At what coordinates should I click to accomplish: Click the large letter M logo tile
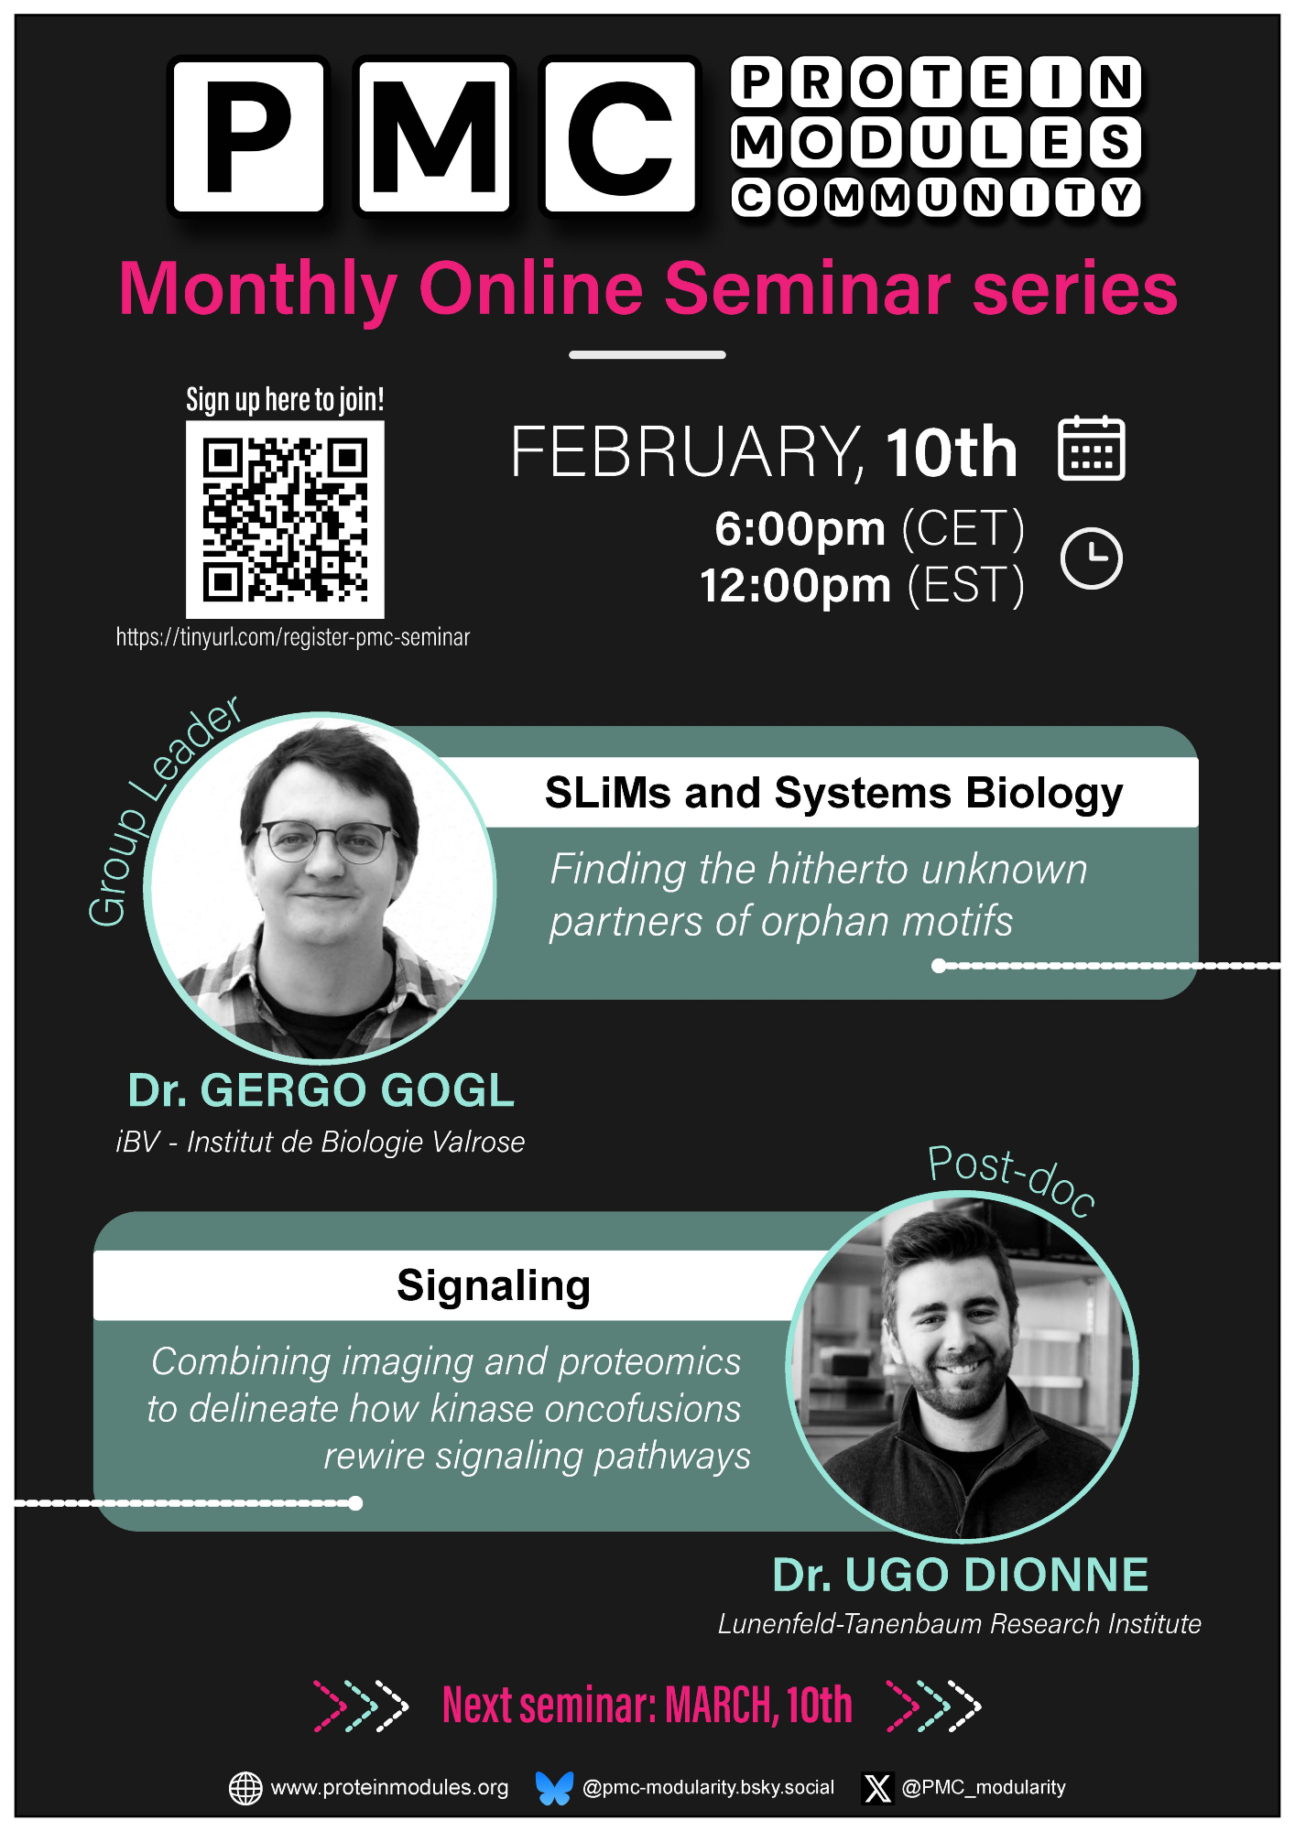pos(434,135)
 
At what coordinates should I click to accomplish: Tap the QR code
pos(285,519)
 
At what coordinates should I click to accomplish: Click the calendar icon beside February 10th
pos(1091,448)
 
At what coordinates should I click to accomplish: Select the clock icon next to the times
pos(1091,558)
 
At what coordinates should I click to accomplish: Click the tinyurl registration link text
pos(293,637)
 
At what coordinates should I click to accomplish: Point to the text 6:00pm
pos(800,529)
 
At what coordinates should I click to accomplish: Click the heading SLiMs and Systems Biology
pos(833,793)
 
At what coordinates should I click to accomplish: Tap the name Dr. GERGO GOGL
pos(321,1090)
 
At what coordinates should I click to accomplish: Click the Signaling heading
pos(494,1286)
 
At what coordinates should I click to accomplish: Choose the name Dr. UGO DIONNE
pos(960,1575)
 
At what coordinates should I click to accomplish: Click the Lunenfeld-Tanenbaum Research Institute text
pos(959,1624)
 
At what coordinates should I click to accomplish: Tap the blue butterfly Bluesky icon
pos(554,1788)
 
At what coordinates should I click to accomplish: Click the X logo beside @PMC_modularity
pos(877,1788)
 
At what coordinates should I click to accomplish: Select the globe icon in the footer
pos(245,1788)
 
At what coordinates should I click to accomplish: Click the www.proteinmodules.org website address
pos(389,1787)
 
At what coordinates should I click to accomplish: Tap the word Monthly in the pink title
pos(258,289)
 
